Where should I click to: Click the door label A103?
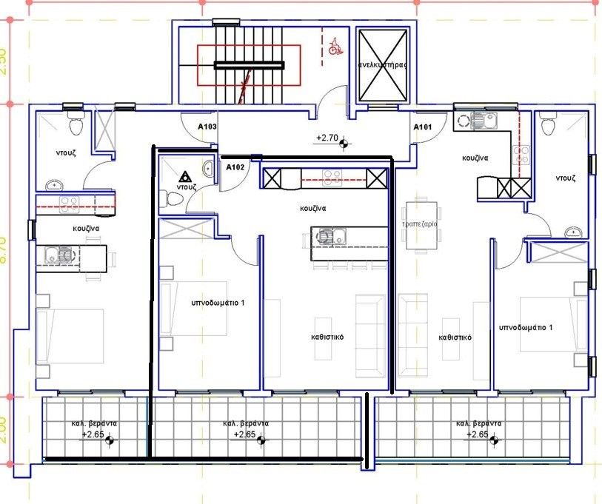click(x=207, y=127)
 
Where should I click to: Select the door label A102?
click(x=235, y=167)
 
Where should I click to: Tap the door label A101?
click(x=422, y=127)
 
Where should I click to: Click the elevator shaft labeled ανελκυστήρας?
click(x=382, y=65)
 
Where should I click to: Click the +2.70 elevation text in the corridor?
click(x=327, y=137)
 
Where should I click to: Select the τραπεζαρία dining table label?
click(x=420, y=223)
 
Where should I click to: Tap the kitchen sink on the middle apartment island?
click(x=327, y=238)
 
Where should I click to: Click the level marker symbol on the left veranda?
click(x=110, y=441)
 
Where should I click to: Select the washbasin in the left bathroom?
click(x=54, y=184)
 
